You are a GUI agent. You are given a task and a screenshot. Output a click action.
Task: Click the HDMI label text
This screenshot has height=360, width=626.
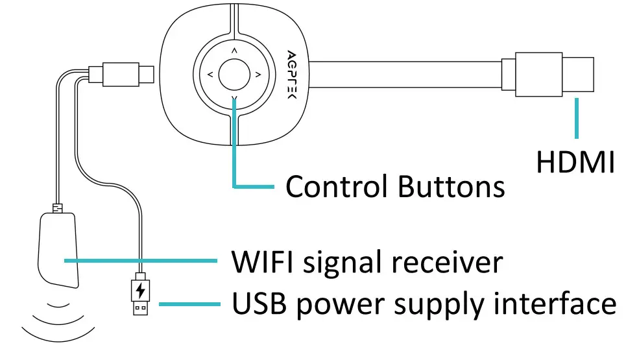point(575,162)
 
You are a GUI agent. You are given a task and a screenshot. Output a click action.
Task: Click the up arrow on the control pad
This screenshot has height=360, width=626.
point(234,50)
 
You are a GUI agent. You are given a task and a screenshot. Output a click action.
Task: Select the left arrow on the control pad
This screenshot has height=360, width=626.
point(210,75)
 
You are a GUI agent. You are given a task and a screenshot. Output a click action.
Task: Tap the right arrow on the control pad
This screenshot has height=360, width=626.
point(258,75)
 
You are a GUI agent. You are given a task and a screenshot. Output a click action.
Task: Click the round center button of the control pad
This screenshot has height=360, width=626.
point(234,75)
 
